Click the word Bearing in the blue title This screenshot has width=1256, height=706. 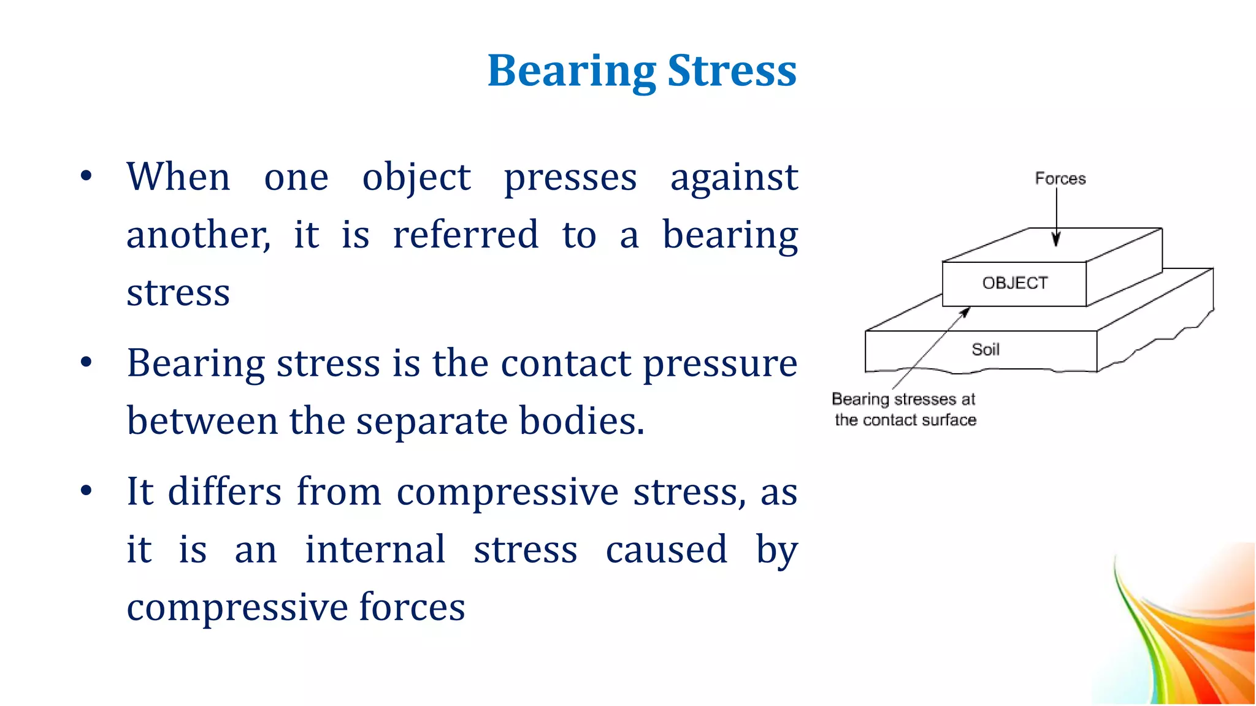[572, 72]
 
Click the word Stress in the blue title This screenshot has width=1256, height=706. [732, 72]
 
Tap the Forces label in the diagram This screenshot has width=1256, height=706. [1060, 178]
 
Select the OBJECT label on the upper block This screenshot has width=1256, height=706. [1015, 283]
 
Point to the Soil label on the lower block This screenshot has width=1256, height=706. [986, 349]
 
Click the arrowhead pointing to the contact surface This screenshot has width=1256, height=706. [965, 312]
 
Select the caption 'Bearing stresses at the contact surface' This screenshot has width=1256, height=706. [904, 409]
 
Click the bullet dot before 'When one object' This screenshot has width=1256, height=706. [86, 176]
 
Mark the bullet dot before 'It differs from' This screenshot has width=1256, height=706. [86, 490]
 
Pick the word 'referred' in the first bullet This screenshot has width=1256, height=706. [465, 235]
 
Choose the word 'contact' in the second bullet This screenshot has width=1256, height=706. [565, 363]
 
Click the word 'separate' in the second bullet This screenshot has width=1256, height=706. [432, 422]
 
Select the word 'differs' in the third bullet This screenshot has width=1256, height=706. [224, 492]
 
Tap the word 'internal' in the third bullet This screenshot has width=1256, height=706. [375, 549]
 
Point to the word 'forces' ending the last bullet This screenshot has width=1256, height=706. [412, 607]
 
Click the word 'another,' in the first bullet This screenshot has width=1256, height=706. [198, 235]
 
